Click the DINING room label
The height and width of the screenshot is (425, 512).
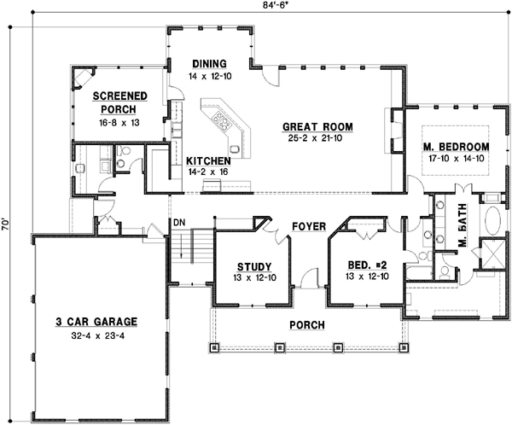209,64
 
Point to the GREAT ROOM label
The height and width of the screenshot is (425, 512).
318,127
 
